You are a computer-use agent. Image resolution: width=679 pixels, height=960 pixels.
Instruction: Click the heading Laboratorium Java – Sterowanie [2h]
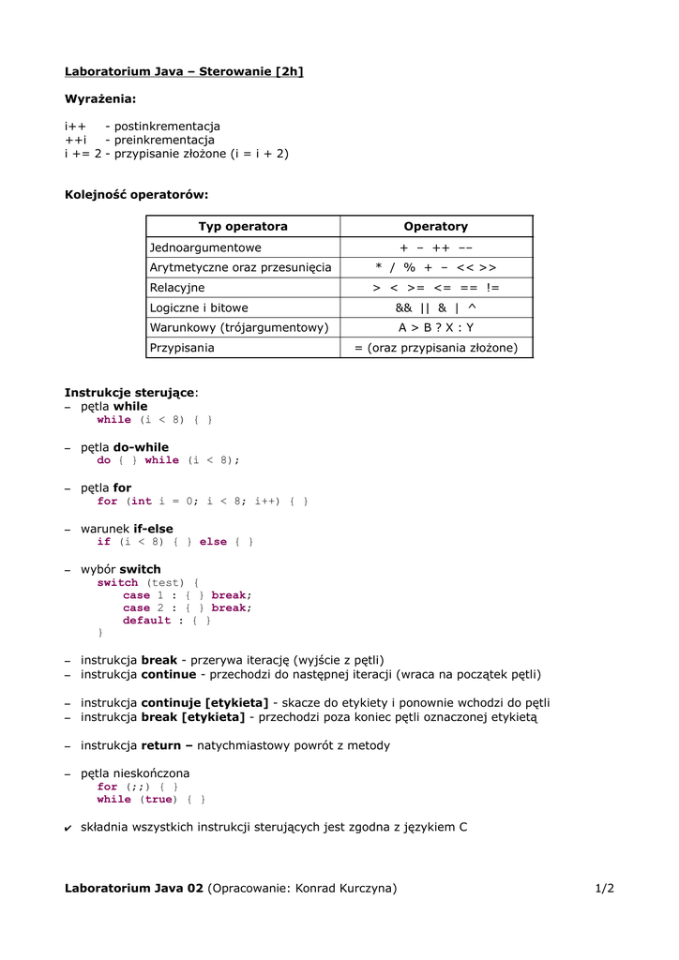[x=184, y=71]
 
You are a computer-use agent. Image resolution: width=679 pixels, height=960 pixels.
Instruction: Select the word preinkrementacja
[x=164, y=140]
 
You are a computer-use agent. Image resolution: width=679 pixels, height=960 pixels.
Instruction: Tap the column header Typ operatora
[x=243, y=226]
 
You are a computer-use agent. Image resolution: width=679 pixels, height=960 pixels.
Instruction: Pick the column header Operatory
[x=435, y=226]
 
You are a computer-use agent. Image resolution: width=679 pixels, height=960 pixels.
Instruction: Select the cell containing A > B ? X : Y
[x=435, y=327]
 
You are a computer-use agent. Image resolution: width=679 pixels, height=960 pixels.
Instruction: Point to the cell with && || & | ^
[x=435, y=307]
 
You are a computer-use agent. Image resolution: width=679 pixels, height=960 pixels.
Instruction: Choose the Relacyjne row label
[x=177, y=288]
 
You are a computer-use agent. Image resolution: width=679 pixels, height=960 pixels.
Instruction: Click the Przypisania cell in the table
[x=182, y=348]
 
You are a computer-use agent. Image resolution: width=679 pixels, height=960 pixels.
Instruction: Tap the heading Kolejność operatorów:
[x=136, y=195]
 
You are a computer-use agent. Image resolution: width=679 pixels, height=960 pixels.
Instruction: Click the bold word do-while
[x=141, y=447]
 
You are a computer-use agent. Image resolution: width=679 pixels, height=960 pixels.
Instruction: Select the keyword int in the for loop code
[x=141, y=502]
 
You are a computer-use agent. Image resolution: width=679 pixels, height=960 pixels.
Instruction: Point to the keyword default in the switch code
[x=147, y=621]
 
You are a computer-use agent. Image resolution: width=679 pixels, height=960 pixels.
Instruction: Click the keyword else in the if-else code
[x=213, y=542]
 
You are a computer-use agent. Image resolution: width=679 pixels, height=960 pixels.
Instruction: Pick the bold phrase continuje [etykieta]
[x=204, y=702]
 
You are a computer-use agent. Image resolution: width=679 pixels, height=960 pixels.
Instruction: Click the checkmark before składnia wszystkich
[x=68, y=827]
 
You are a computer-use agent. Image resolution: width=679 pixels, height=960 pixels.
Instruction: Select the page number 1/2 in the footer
[x=604, y=888]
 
